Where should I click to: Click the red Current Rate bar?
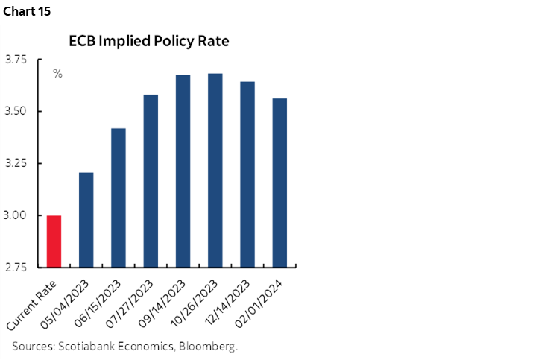54,241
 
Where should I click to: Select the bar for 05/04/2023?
86,219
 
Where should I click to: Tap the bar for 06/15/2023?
118,198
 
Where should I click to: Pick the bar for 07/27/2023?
151,180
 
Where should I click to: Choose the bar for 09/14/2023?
183,171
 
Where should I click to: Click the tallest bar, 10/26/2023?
215,170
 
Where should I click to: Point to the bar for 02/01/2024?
279,183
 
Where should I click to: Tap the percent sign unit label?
57,74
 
